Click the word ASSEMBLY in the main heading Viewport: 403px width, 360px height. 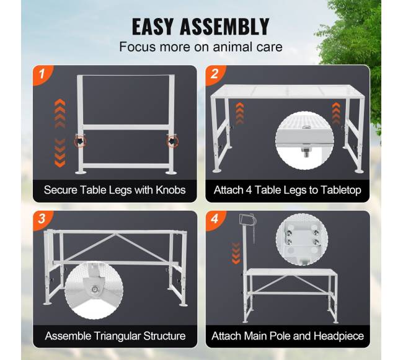click(224, 27)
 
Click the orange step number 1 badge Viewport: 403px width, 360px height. click(42, 74)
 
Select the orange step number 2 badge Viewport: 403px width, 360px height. click(215, 74)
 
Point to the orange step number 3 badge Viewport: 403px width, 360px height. click(42, 219)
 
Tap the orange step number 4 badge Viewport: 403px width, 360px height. click(215, 219)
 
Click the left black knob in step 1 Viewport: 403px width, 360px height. click(80, 141)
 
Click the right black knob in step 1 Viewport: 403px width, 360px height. click(172, 141)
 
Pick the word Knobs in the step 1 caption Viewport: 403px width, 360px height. click(170, 190)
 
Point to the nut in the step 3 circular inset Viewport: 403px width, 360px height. click(95, 289)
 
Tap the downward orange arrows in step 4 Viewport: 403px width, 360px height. click(236, 253)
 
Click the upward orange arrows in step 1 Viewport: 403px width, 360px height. click(60, 113)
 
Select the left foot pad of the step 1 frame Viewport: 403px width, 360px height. click(81, 172)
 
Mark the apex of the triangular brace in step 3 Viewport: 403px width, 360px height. click(116, 234)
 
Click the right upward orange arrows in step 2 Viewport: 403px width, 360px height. click(335, 113)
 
